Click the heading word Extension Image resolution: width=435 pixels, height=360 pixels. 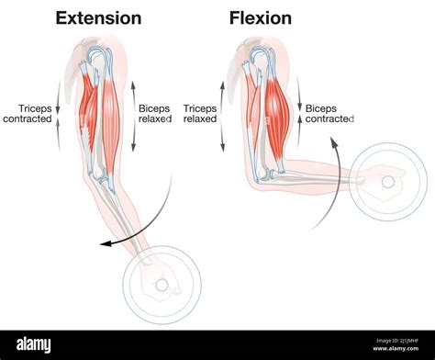pos(98,17)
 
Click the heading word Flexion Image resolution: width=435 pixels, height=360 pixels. pos(261,17)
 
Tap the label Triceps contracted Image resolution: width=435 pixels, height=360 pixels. pos(28,113)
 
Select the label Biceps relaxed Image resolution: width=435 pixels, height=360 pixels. pos(154,113)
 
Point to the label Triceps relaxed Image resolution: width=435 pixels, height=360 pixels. pos(200,113)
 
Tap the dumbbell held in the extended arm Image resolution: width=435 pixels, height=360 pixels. pos(162,285)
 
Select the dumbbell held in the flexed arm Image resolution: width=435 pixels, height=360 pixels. pos(387,181)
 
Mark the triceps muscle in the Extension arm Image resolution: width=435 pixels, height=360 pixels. pos(87,106)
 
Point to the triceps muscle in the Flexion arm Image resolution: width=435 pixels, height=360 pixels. pos(251,101)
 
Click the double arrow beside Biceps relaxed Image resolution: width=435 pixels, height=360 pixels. pos(134,115)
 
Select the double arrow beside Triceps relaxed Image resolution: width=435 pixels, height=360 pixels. pos(222,115)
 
